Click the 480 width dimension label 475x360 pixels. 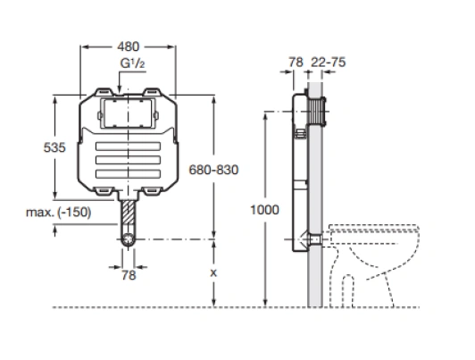point(129,46)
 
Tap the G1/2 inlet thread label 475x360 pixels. point(132,63)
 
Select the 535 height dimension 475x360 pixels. point(54,147)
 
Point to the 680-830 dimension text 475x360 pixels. point(213,170)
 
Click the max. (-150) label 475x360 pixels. point(58,212)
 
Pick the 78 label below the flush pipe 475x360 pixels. point(129,275)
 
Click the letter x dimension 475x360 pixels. point(213,273)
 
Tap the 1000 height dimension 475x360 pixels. point(264,210)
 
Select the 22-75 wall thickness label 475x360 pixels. point(328,63)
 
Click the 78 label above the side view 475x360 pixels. point(296,63)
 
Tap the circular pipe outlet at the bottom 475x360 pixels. point(129,239)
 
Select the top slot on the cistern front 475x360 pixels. point(129,147)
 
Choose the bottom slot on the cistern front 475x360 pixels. point(129,173)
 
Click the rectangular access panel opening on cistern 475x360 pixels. point(129,113)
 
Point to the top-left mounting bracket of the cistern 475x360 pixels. point(104,91)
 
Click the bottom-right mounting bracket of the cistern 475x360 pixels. point(153,191)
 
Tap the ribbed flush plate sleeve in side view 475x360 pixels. point(317,112)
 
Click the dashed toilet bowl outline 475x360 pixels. point(374,265)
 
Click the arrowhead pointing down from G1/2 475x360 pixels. point(119,88)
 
